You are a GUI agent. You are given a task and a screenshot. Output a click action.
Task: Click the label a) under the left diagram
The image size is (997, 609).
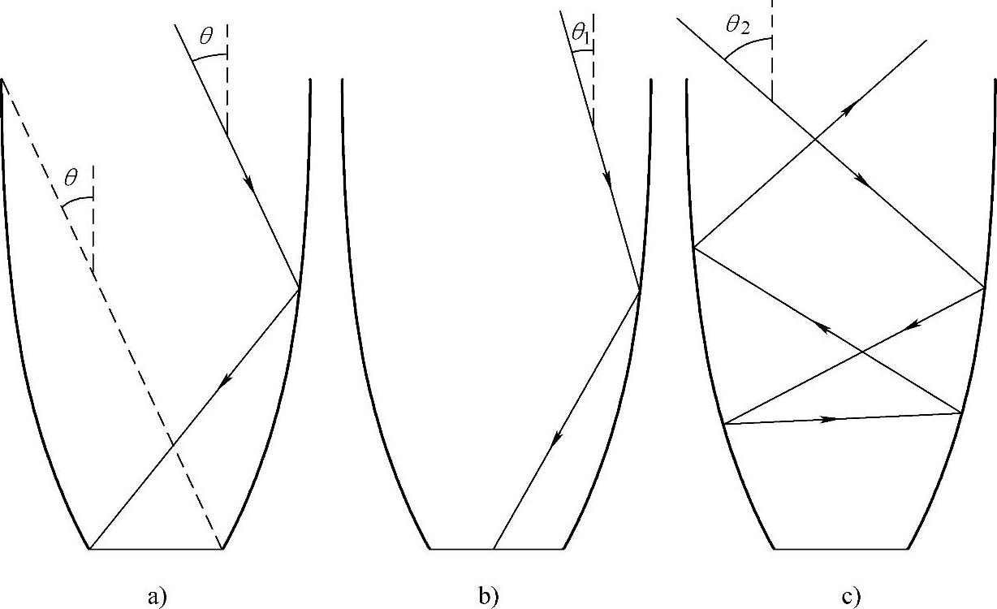click(x=157, y=598)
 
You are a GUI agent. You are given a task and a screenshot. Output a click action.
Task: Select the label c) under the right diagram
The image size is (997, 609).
click(x=852, y=598)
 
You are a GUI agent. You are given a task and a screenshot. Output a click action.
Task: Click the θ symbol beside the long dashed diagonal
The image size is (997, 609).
click(x=71, y=178)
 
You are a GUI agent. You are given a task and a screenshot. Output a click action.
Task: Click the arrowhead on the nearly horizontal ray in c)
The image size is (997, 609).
click(x=830, y=419)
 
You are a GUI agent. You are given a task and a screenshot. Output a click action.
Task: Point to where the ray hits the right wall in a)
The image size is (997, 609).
click(x=300, y=288)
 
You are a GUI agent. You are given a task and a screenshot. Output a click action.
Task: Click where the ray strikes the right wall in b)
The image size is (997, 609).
click(x=640, y=290)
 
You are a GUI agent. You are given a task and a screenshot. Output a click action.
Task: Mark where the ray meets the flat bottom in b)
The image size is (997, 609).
click(x=494, y=550)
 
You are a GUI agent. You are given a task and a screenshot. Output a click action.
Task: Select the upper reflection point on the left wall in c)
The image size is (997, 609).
click(x=695, y=246)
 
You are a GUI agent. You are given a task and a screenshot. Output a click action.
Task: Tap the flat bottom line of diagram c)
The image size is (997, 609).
click(x=840, y=550)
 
